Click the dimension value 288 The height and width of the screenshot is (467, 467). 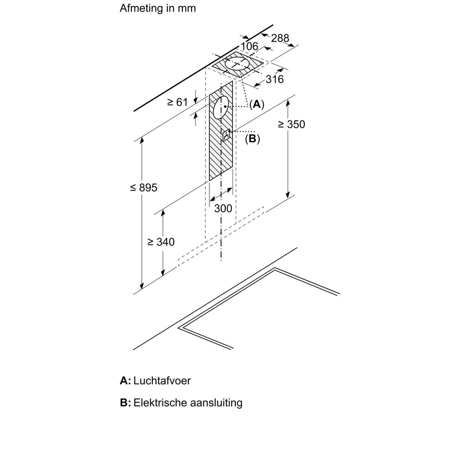pyautogui.click(x=280, y=38)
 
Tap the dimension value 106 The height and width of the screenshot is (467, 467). pyautogui.click(x=249, y=46)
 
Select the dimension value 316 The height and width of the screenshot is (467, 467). pyautogui.click(x=275, y=79)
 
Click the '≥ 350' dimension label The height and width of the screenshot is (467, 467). pyautogui.click(x=290, y=124)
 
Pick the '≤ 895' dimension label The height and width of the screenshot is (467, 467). pyautogui.click(x=143, y=187)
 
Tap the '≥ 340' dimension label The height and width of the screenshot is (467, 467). pyautogui.click(x=161, y=242)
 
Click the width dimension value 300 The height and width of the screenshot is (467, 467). pyautogui.click(x=223, y=208)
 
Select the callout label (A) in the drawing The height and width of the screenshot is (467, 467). pyautogui.click(x=256, y=104)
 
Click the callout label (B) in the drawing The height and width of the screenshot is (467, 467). pyautogui.click(x=252, y=139)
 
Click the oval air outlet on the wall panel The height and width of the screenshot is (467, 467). pyautogui.click(x=222, y=108)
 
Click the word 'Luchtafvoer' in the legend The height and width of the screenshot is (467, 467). pyautogui.click(x=162, y=381)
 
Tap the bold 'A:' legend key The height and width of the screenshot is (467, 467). pyautogui.click(x=125, y=381)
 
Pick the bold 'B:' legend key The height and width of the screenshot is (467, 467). pyautogui.click(x=125, y=403)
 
